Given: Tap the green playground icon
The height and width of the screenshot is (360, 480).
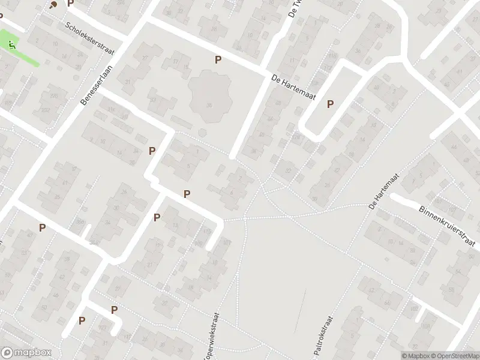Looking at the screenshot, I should pyautogui.click(x=13, y=44).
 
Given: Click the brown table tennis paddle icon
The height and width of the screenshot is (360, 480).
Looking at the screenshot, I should pyautogui.click(x=53, y=5).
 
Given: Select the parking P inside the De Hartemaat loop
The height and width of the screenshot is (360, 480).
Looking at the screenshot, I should pyautogui.click(x=330, y=104).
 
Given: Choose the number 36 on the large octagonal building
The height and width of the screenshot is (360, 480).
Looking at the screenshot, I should pyautogui.click(x=209, y=106).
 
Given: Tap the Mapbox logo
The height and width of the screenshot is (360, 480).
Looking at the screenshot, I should pyautogui.click(x=25, y=353).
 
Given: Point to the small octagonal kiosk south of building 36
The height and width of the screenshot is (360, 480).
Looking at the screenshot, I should pyautogui.click(x=202, y=133).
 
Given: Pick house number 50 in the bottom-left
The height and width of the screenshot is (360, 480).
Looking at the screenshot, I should pyautogui.click(x=44, y=308).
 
